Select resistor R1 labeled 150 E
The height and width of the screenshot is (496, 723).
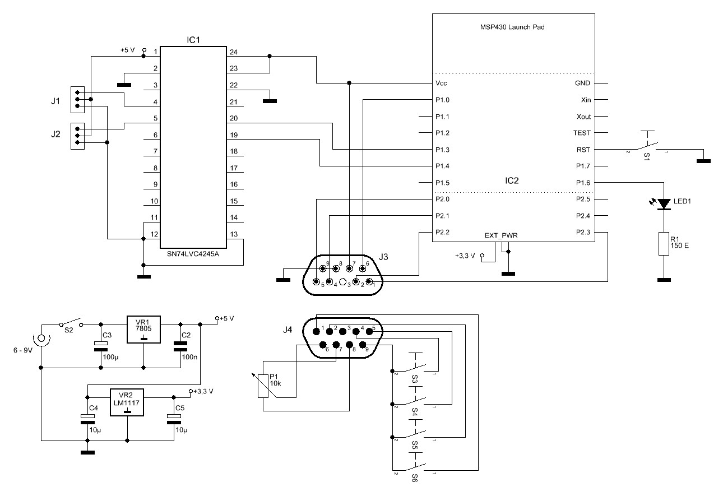[x=664, y=244]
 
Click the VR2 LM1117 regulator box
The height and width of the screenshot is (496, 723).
[x=127, y=402]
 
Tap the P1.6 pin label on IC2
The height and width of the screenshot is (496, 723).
[x=583, y=183]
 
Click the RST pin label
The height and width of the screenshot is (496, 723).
[x=583, y=150]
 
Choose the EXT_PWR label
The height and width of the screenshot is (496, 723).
[x=501, y=236]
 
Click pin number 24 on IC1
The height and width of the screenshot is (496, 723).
[x=233, y=52]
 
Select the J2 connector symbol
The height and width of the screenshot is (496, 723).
[x=77, y=135]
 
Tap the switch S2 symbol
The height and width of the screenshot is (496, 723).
[x=70, y=323]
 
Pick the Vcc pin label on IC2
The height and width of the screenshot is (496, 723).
[x=441, y=84]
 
